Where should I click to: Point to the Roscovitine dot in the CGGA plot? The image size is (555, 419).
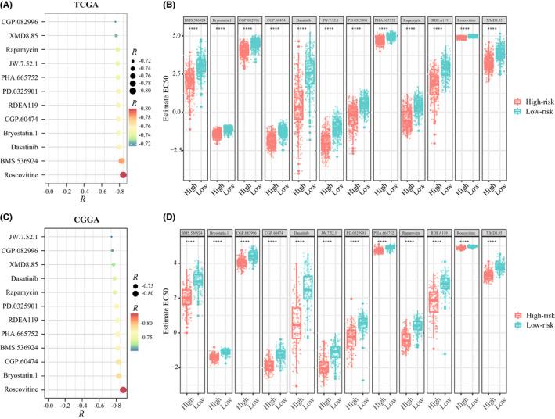pos(123,389)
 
